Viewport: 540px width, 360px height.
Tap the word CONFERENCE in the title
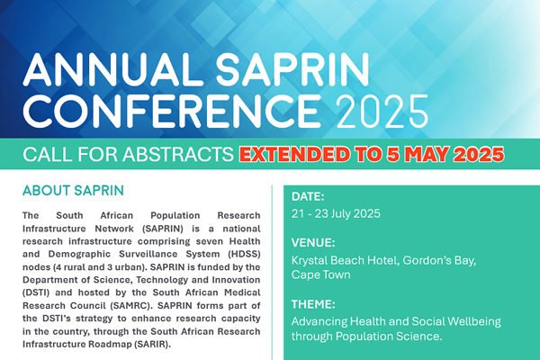(x=172, y=110)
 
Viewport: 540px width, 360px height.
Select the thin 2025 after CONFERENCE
(x=382, y=111)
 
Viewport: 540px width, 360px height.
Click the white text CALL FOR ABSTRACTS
(x=128, y=154)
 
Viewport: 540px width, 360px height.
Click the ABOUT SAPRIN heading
(x=73, y=191)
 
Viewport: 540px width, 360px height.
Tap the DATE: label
(x=308, y=197)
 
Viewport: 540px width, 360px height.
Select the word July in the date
(x=340, y=213)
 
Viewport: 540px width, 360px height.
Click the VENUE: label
(x=313, y=243)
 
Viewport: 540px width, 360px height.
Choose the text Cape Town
(x=321, y=274)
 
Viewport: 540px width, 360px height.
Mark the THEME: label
(x=313, y=304)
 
